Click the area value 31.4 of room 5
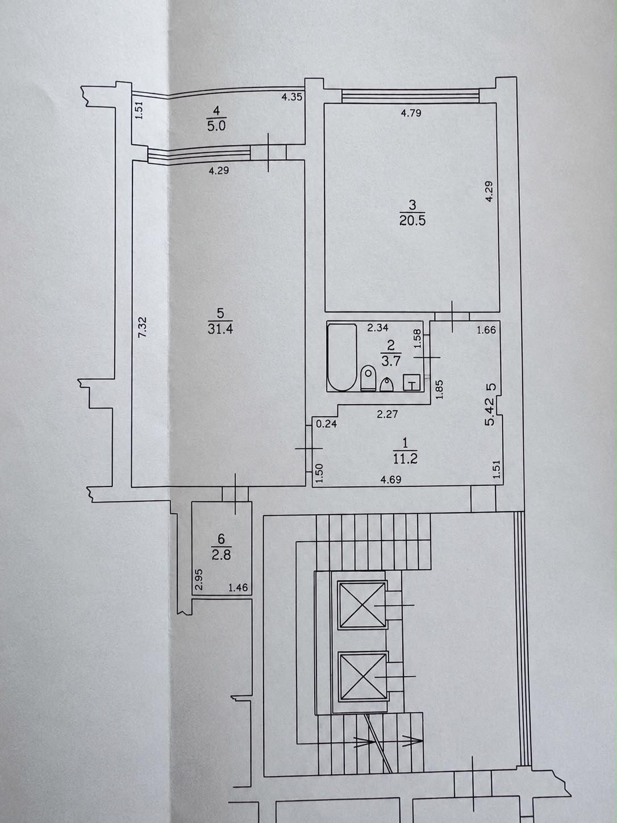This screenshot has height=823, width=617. click(x=220, y=329)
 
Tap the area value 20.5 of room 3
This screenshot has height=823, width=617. click(x=412, y=221)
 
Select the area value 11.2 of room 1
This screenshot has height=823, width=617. click(x=405, y=458)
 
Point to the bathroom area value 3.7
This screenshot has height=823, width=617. click(x=391, y=361)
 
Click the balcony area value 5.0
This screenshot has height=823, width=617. click(x=216, y=126)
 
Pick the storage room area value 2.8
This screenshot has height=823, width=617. click(x=221, y=555)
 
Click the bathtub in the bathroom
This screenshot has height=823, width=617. click(x=342, y=358)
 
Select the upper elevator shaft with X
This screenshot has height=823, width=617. click(x=362, y=605)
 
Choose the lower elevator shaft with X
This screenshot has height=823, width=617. click(x=362, y=676)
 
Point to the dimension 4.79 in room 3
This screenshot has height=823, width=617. click(x=411, y=113)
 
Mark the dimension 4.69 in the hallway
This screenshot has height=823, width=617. click(x=390, y=480)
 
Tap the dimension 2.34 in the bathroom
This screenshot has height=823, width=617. click(x=378, y=328)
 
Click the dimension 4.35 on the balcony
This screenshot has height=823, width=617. click(x=292, y=97)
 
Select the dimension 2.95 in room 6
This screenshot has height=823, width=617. click(x=199, y=579)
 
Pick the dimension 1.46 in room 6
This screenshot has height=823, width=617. click(x=238, y=587)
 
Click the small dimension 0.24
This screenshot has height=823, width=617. click(x=326, y=424)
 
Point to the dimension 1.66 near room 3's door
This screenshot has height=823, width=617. click(x=486, y=330)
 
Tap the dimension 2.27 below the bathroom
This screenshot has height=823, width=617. click(x=387, y=414)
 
